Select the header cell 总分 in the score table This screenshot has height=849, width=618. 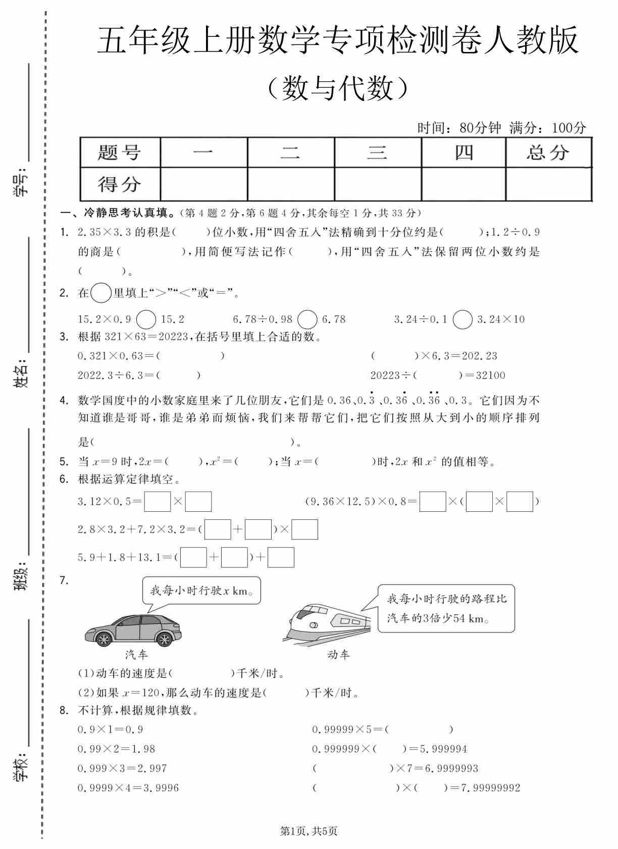(548, 152)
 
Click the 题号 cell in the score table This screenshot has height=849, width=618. (120, 152)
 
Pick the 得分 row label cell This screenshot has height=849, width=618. (120, 184)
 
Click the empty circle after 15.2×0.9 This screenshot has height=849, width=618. (146, 319)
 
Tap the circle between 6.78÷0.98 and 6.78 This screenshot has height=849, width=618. (307, 319)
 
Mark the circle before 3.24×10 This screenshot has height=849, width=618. (462, 319)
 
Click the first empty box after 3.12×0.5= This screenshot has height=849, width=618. (158, 501)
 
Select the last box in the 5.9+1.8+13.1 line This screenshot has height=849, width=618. (281, 557)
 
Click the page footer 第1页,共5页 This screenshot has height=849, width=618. (308, 831)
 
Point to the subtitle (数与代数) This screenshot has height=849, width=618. (337, 88)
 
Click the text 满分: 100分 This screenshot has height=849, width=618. (548, 128)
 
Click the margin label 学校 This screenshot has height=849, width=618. (21, 767)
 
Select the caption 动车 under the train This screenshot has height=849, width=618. (338, 655)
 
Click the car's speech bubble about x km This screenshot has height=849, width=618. (201, 591)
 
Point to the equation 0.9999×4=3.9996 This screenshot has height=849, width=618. (128, 787)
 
